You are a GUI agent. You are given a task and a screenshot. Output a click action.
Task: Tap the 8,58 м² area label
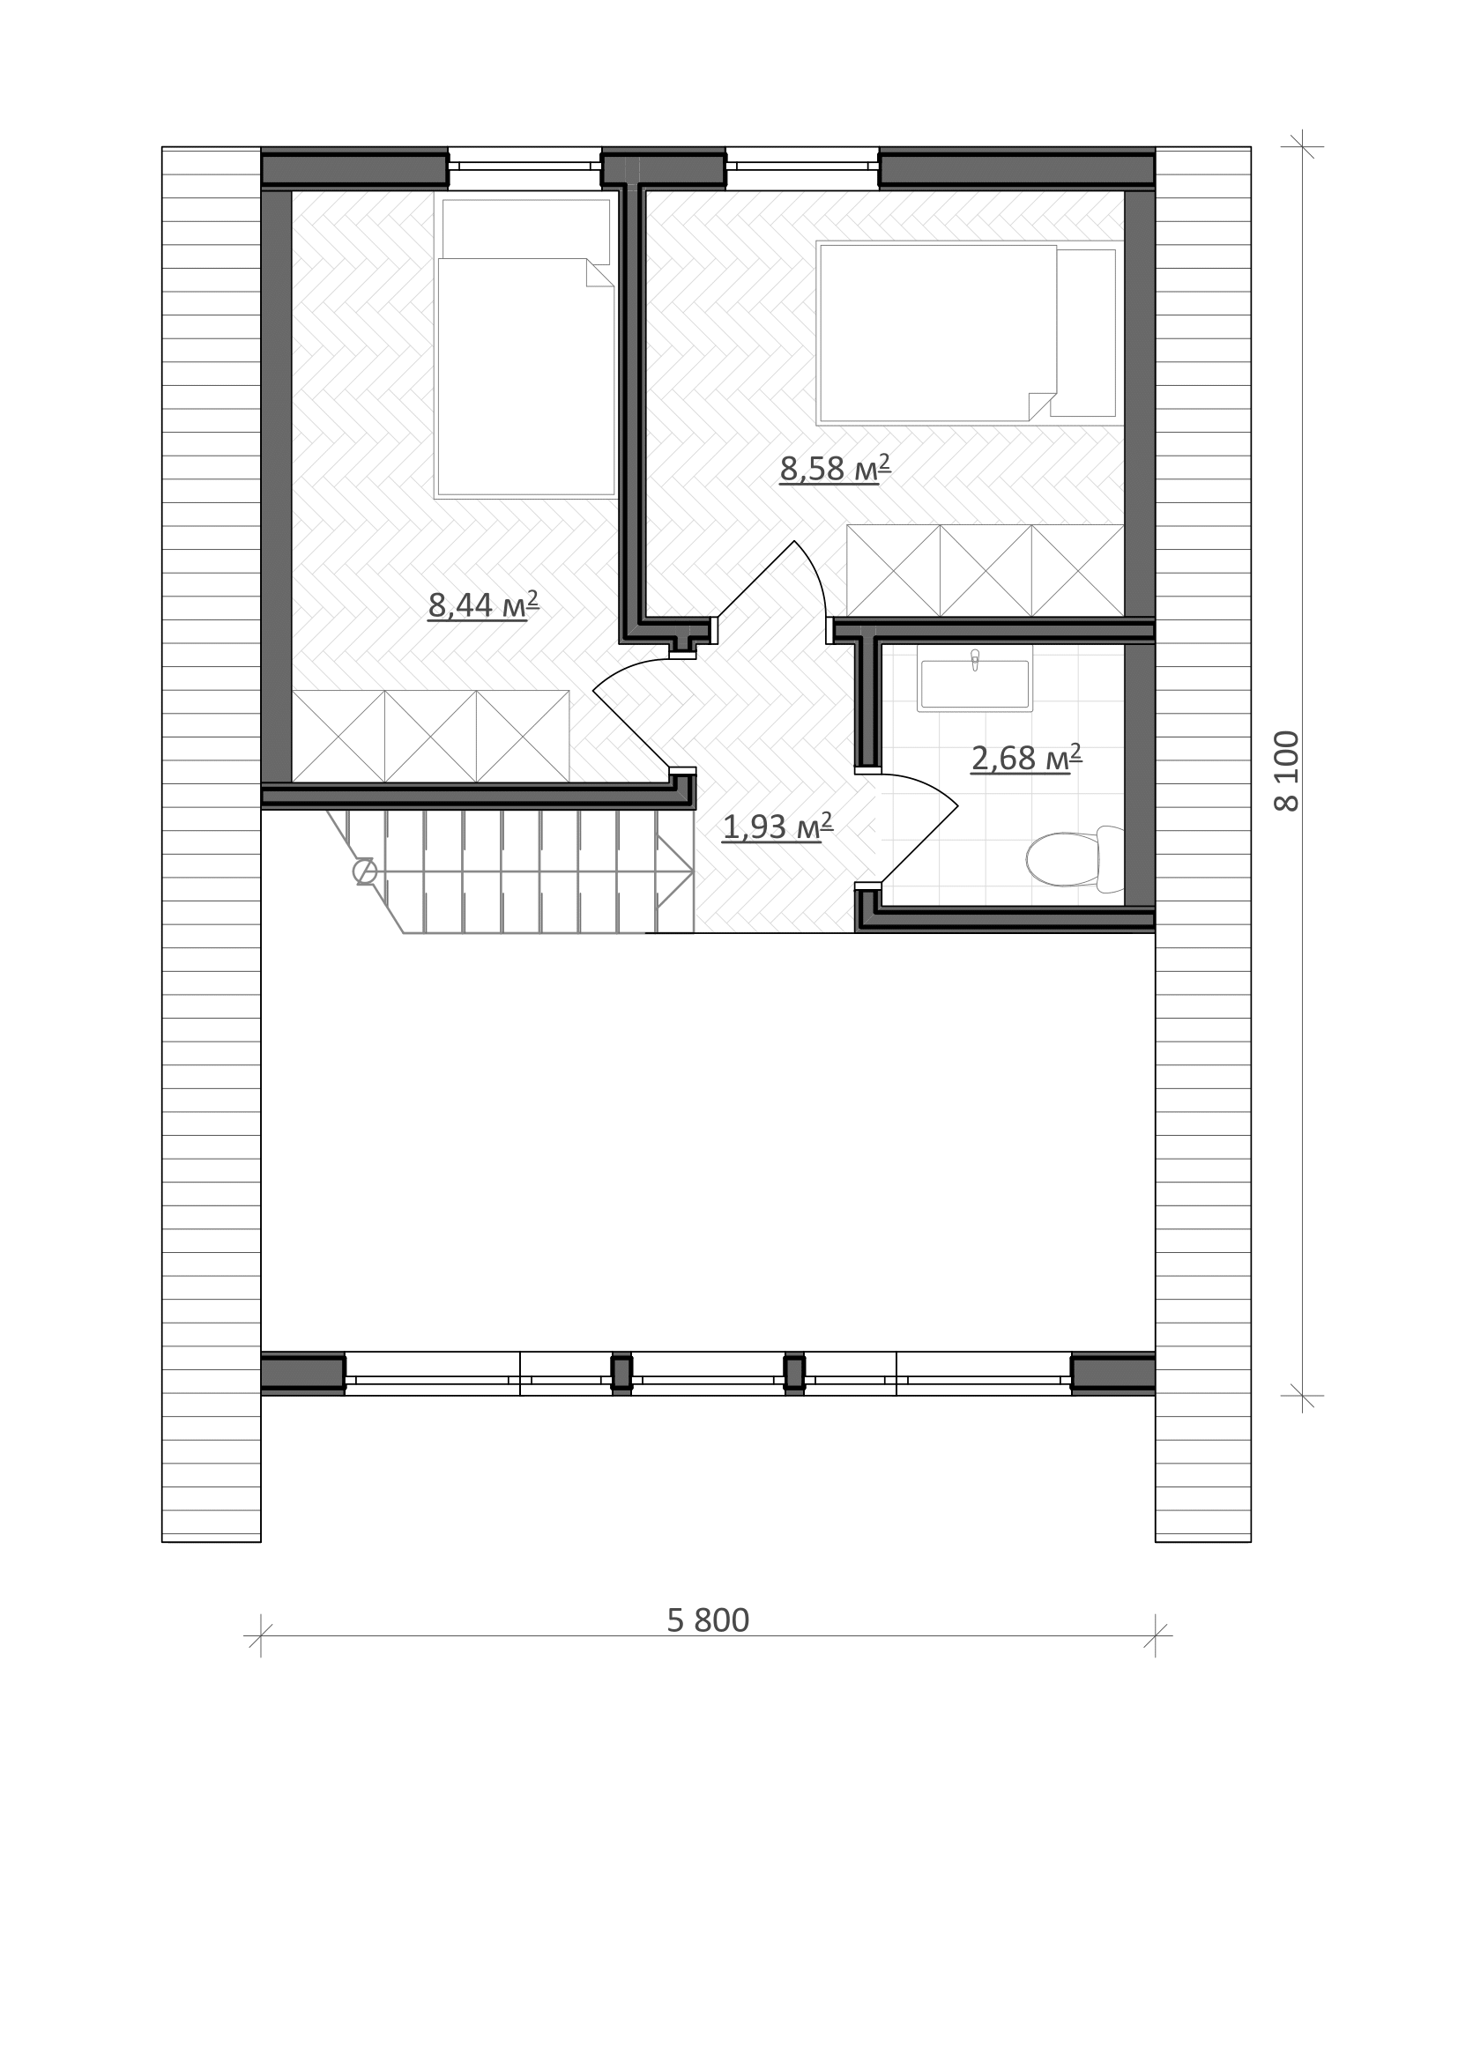[x=835, y=468]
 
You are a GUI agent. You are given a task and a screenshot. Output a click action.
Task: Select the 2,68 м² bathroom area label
[x=1026, y=758]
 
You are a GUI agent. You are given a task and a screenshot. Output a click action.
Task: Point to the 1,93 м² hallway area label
[x=777, y=826]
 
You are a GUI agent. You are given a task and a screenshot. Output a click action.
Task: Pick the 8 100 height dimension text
[x=1286, y=771]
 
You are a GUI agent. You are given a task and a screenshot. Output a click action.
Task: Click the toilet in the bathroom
[x=1075, y=859]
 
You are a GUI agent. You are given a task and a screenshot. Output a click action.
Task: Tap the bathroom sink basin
[x=975, y=685]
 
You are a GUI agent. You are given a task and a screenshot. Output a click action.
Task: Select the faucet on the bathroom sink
[x=975, y=660]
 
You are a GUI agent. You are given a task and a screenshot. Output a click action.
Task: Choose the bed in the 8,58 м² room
[x=970, y=332]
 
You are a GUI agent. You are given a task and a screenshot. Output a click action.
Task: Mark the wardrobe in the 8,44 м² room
[x=431, y=736]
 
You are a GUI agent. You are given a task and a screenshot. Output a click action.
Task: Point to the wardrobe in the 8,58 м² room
[x=986, y=571]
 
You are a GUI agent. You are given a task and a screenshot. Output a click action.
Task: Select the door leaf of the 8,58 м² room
[x=755, y=579]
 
